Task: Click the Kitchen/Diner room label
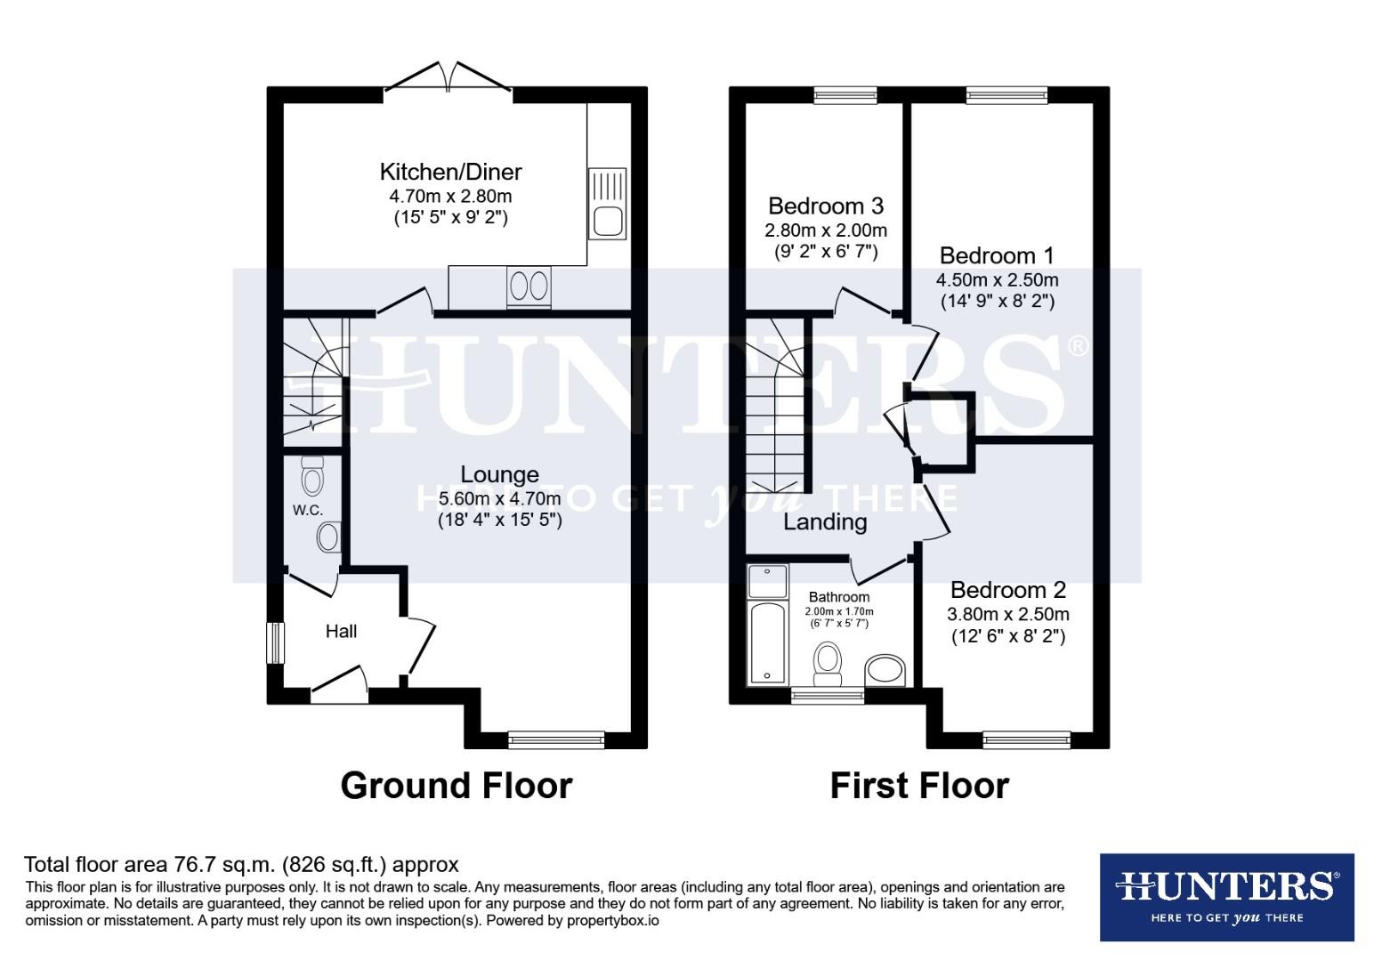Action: coord(450,172)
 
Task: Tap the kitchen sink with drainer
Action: coord(607,204)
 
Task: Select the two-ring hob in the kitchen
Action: coord(528,287)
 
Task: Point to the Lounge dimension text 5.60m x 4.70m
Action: coord(499,498)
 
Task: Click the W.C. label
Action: coord(307,510)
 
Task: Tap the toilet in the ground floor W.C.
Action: coord(312,476)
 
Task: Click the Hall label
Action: coord(341,631)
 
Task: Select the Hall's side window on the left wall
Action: coord(276,642)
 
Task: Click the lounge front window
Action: coord(555,739)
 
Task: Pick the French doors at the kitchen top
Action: coord(448,78)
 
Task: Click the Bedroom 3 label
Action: coord(825,206)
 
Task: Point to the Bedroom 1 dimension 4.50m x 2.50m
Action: coord(997,279)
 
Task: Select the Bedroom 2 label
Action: coord(1007,590)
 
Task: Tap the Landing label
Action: coord(825,522)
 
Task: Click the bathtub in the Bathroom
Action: coord(767,642)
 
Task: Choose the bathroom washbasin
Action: coord(885,669)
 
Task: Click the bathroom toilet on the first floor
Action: coord(828,663)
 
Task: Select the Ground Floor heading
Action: coord(456,786)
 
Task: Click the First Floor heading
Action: coord(919,786)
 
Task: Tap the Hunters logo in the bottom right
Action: coord(1226,897)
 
